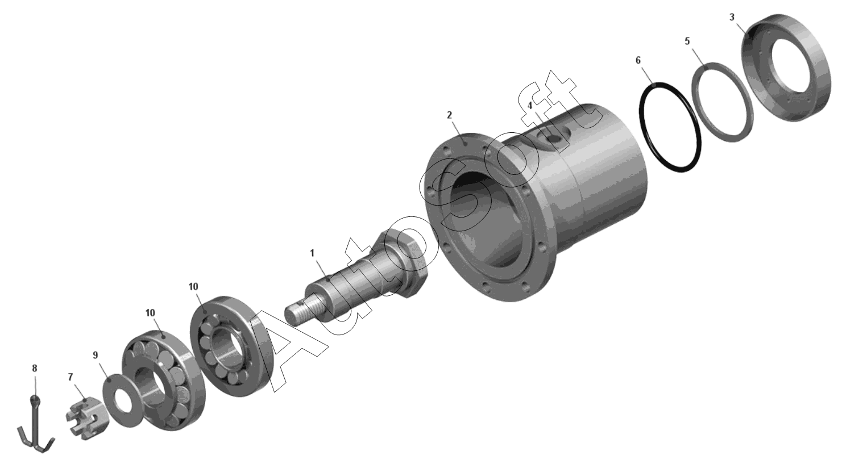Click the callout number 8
(35, 368)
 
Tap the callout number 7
(70, 377)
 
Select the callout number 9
(95, 355)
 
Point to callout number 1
(312, 253)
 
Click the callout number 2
(450, 115)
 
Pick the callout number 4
(530, 106)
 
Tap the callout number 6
(638, 60)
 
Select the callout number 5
(687, 41)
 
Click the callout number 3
(732, 17)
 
